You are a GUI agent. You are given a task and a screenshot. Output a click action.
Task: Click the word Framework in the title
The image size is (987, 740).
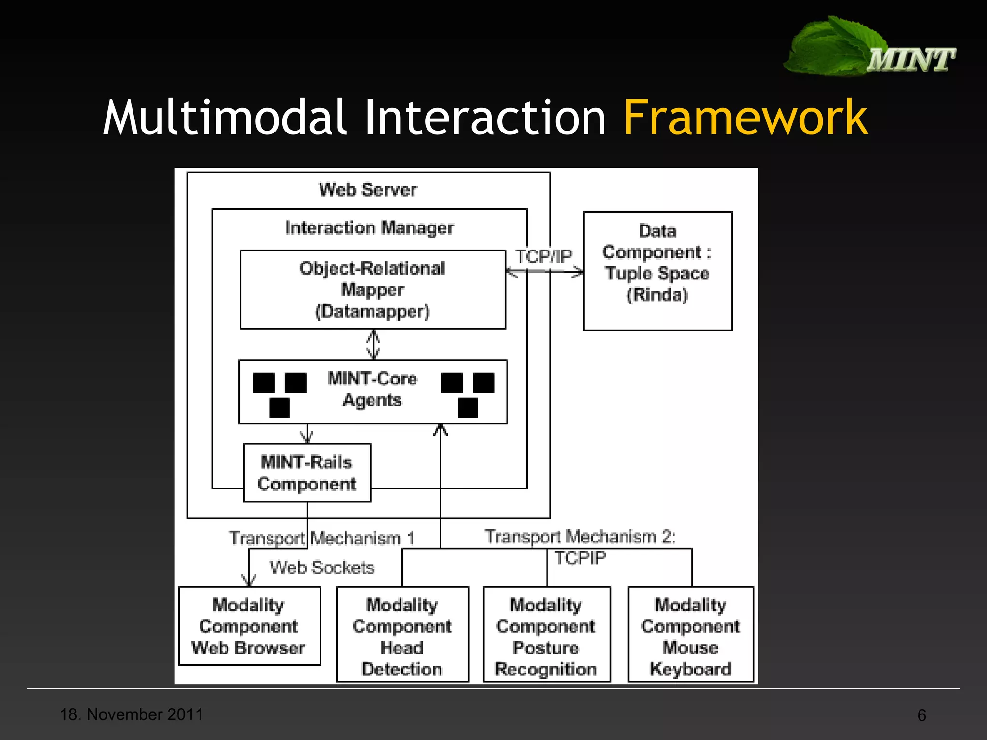745,118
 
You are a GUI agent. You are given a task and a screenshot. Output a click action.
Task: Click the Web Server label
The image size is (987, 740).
368,190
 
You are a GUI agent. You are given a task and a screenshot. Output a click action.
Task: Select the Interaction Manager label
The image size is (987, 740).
369,227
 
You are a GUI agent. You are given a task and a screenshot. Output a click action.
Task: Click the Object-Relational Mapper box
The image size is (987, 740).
373,290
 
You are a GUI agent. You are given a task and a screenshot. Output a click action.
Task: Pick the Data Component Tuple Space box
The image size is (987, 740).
657,271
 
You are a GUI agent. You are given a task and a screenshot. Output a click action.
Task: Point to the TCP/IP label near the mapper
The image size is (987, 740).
543,256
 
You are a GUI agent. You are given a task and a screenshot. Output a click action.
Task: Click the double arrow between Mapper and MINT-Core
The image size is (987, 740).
373,344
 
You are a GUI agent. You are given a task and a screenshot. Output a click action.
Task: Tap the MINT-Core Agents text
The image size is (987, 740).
373,389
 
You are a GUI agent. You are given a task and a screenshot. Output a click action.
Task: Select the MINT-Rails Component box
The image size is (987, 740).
307,473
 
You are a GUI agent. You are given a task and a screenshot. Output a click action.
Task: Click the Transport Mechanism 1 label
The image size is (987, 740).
321,538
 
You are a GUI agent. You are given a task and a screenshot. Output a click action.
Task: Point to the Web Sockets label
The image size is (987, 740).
322,568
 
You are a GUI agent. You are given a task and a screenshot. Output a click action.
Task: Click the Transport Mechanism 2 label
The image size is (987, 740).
580,537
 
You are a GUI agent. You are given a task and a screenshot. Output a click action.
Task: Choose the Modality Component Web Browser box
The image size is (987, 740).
249,626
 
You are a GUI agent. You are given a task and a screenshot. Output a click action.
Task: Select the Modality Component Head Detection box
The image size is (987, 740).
402,634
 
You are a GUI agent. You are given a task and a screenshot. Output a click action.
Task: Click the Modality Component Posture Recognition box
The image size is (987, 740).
547,634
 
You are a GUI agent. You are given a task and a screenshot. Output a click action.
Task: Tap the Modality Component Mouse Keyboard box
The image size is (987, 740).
691,634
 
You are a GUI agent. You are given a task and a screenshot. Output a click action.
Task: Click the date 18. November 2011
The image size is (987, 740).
131,714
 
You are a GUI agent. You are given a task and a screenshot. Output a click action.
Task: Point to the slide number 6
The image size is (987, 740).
921,715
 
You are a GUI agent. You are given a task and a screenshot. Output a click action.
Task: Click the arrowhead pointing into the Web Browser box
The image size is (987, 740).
249,581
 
